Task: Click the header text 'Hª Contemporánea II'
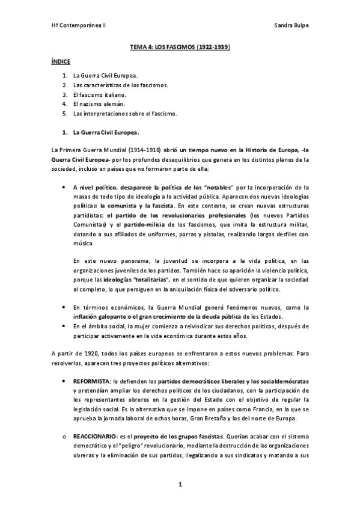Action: tap(79, 26)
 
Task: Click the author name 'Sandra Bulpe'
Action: tap(291, 26)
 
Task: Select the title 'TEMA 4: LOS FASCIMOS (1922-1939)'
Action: tap(180, 46)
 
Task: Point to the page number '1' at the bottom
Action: tap(180, 484)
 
